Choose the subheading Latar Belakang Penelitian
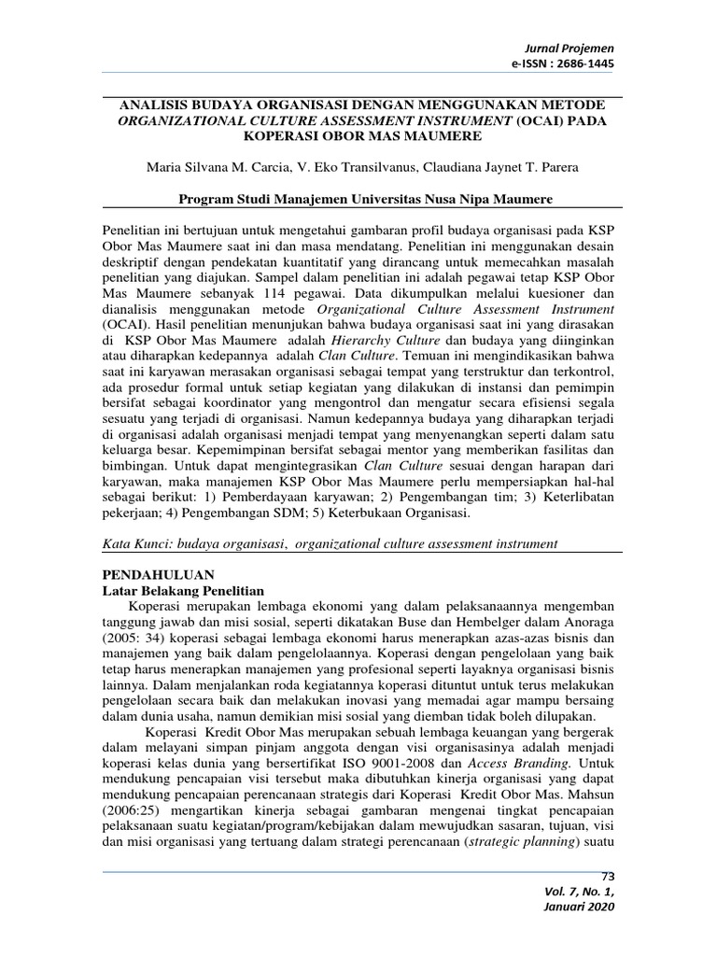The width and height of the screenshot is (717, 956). pos(182,591)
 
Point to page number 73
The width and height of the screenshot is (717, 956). pos(609,876)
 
